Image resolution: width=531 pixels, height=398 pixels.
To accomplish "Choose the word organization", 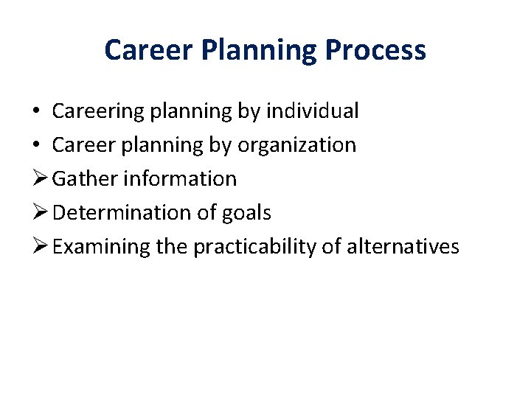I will pyautogui.click(x=296, y=145).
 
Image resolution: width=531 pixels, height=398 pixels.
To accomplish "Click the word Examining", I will pyautogui.click(x=102, y=246).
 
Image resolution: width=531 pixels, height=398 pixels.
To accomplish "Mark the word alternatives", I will pyautogui.click(x=400, y=246).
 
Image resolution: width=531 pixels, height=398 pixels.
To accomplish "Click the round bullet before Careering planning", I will pyautogui.click(x=36, y=112).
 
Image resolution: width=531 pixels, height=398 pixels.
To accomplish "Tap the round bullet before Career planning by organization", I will pyautogui.click(x=36, y=146).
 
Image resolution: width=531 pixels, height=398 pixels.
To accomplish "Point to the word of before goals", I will pyautogui.click(x=206, y=213).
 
